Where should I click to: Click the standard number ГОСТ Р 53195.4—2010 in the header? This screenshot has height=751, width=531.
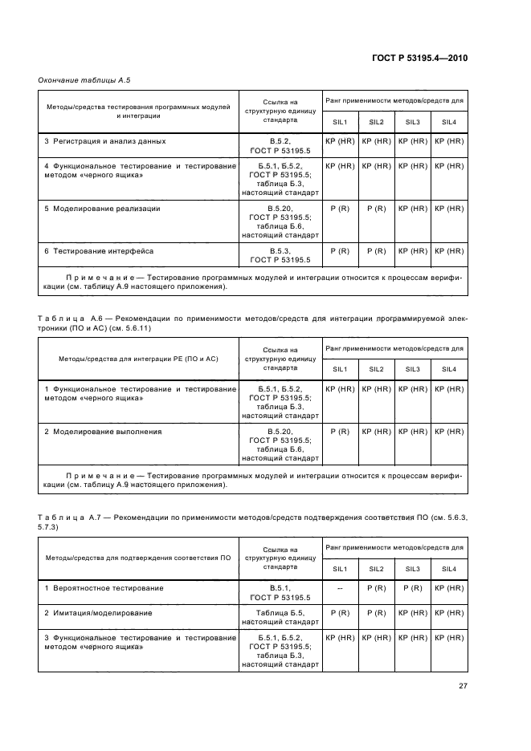pos(419,58)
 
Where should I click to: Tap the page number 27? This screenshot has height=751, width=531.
pos(463,685)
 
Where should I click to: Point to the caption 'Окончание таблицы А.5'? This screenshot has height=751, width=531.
pos(84,80)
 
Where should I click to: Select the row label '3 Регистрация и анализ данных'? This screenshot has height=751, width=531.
pos(104,141)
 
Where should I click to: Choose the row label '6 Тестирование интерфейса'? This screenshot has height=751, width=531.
pos(99,251)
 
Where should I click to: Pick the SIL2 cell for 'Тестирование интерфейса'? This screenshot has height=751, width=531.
pos(376,251)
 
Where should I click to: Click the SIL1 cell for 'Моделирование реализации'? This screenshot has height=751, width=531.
pos(340,209)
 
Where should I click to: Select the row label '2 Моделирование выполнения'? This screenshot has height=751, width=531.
pos(103,432)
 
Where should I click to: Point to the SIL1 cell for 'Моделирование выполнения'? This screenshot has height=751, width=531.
pos(340,432)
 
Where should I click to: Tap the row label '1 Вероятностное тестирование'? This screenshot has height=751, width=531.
pos(104,588)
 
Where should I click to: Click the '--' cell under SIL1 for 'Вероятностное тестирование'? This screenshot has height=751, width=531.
pos(340,588)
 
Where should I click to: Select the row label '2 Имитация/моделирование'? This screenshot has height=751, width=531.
pos(96,613)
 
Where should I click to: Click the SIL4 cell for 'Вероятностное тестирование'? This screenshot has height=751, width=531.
pos(449,588)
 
